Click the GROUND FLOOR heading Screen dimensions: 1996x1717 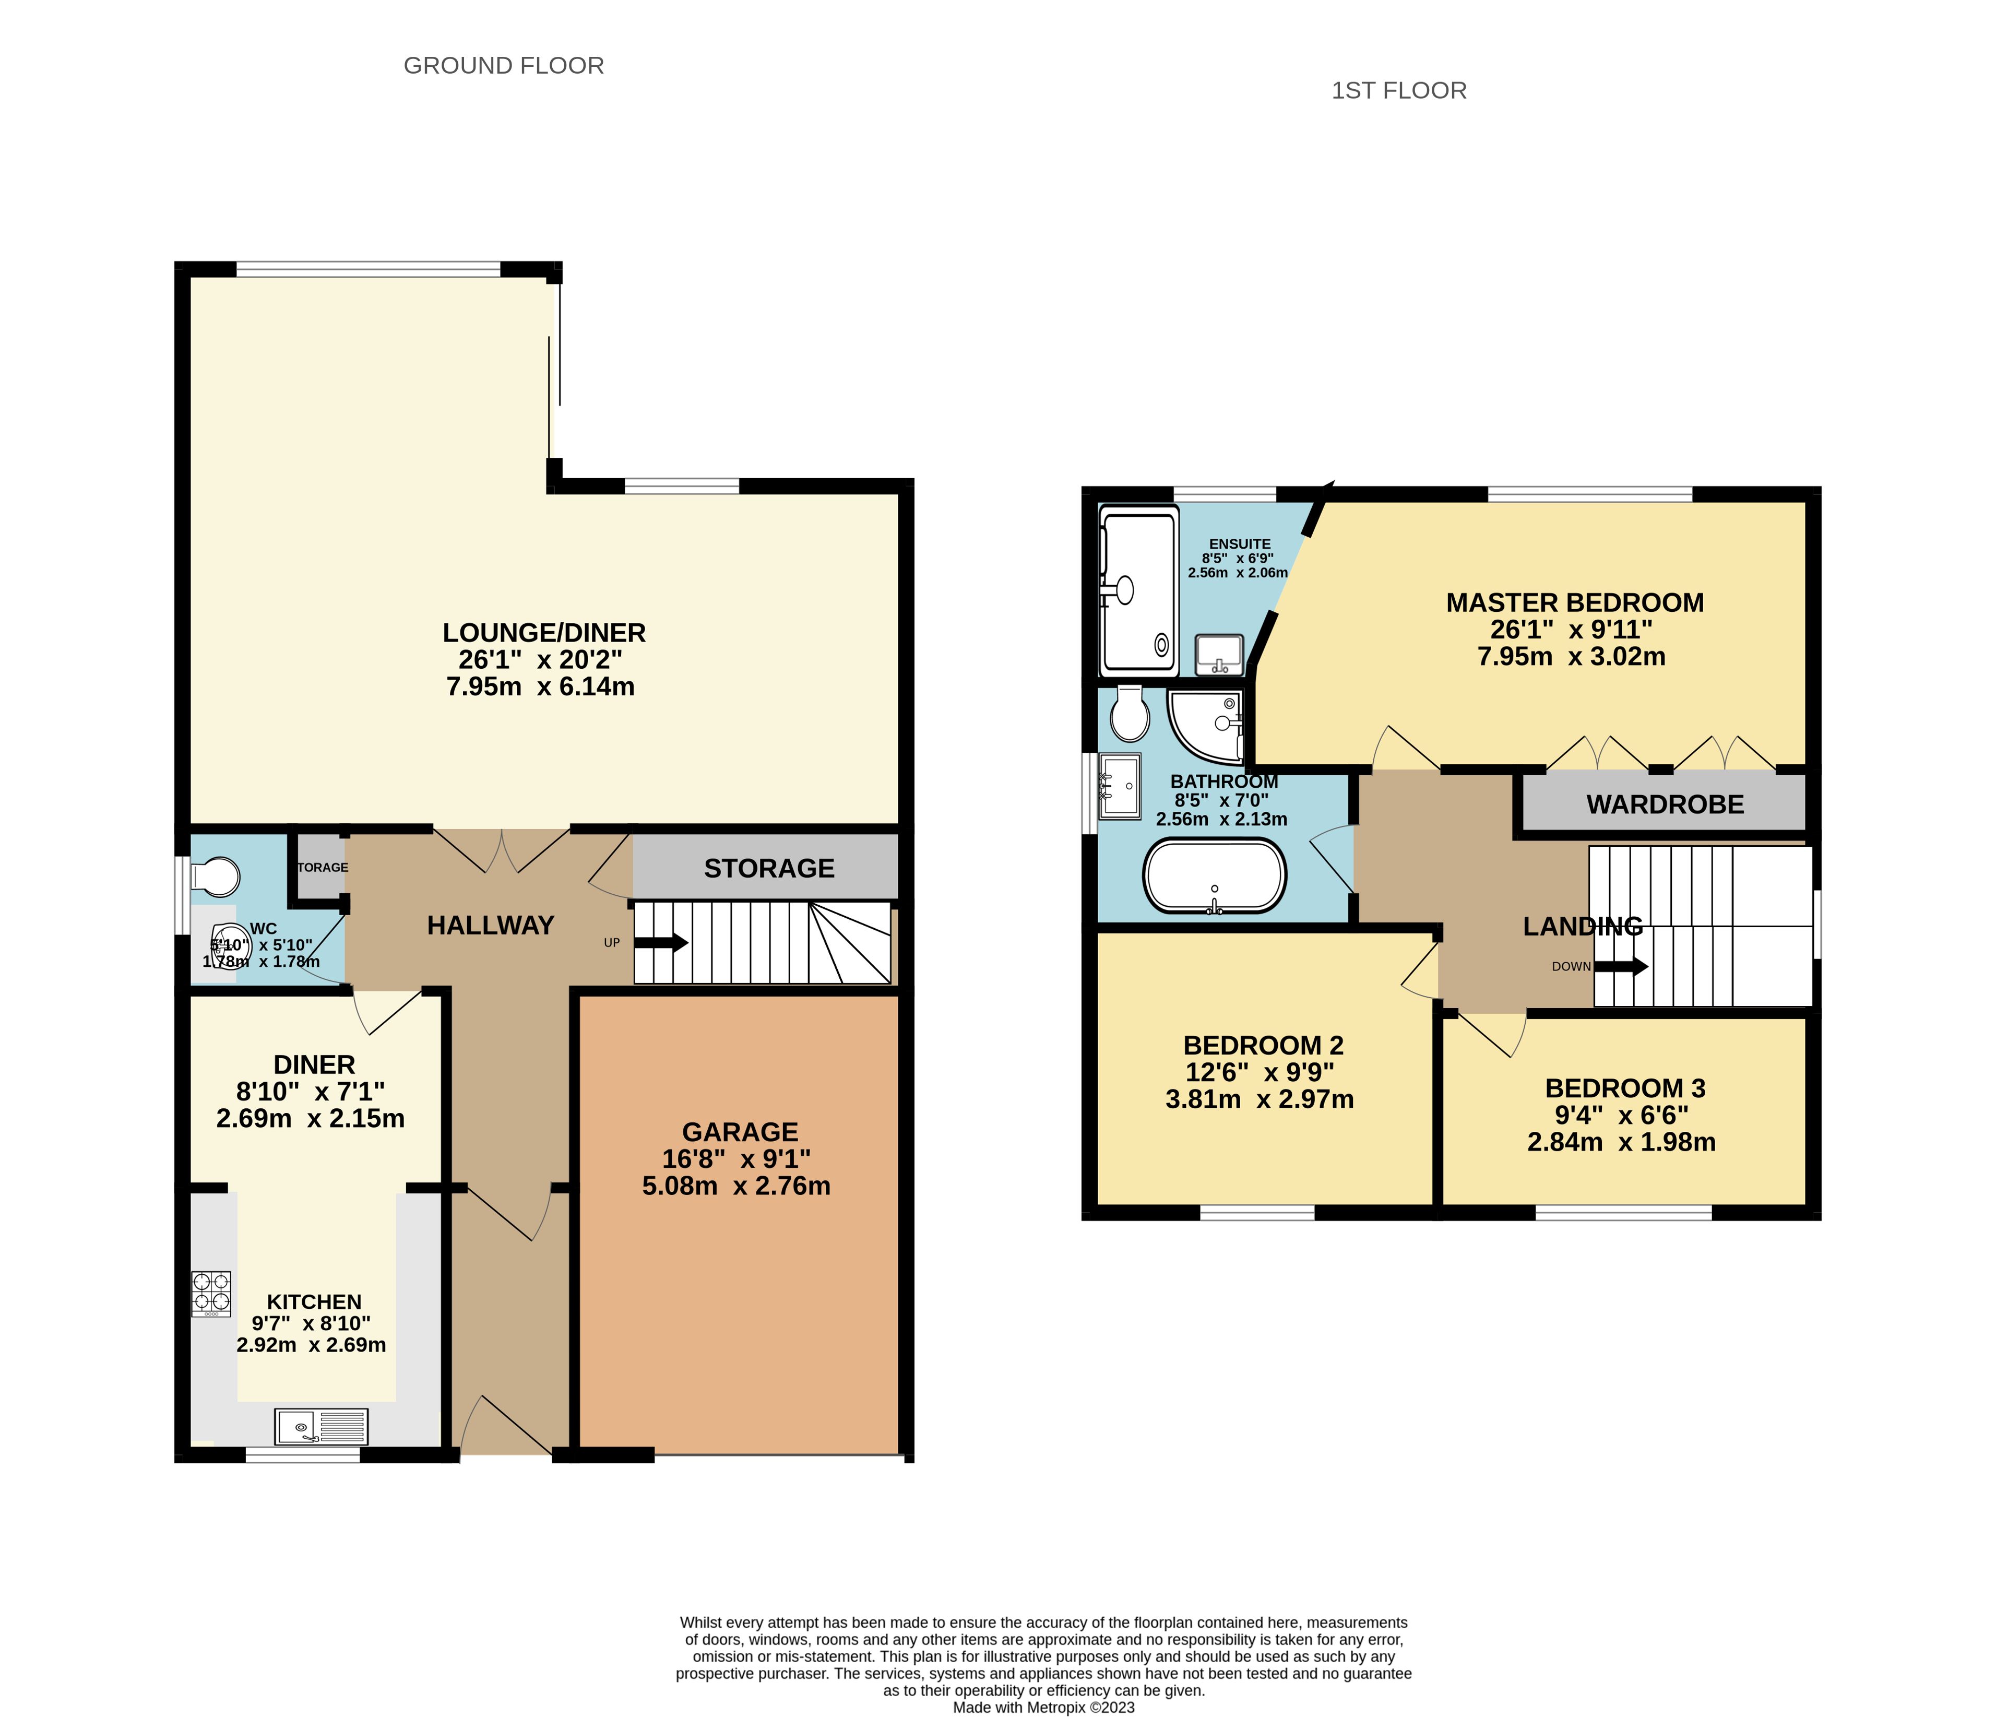click(x=504, y=66)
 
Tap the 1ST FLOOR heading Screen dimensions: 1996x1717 click(x=1399, y=90)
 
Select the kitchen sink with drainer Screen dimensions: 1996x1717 click(x=322, y=1427)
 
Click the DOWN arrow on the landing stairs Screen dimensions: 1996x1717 click(x=1621, y=966)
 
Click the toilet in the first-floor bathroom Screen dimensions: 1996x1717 click(x=1129, y=711)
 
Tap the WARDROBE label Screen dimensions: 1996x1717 click(x=1666, y=804)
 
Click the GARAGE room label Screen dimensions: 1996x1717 click(x=740, y=1132)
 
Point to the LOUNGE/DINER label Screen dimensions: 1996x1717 click(x=544, y=633)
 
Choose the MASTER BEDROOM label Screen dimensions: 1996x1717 click(x=1575, y=603)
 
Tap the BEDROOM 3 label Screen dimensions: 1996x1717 click(x=1625, y=1089)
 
